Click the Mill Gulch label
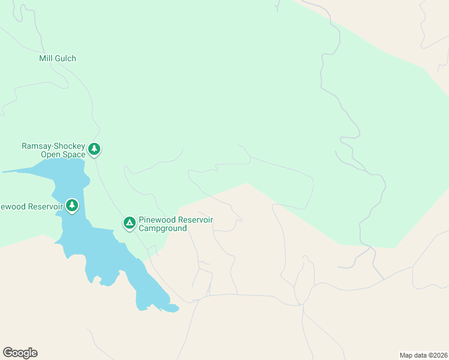(58, 59)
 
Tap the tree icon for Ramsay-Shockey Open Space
(94, 148)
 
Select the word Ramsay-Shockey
(53, 146)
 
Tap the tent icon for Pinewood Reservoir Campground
(129, 223)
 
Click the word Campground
(163, 229)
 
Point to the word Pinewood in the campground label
(155, 220)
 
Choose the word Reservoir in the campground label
(194, 220)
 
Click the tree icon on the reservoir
(72, 206)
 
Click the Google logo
(20, 353)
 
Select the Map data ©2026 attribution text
(423, 355)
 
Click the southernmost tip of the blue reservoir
(142, 308)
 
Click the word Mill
(46, 59)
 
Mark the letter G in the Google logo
(8, 353)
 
